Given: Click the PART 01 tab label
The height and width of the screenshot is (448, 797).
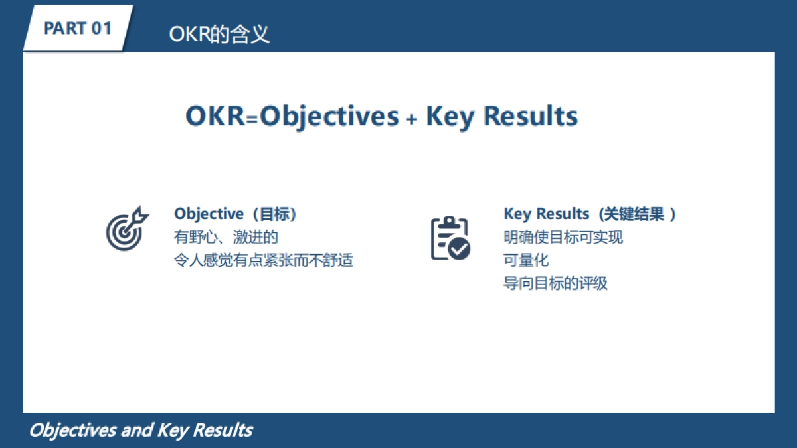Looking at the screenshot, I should point(77,29).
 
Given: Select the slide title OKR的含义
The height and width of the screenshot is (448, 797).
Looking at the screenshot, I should point(219,35).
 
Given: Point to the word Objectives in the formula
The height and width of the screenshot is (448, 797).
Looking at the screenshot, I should point(329,116).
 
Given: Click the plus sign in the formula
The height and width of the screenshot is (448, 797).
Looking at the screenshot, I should point(412,119).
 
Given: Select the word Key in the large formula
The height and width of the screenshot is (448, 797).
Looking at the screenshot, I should point(450,117).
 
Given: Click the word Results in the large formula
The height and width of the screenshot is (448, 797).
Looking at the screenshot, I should point(530,116).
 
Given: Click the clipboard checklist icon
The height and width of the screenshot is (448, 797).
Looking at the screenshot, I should point(450,238).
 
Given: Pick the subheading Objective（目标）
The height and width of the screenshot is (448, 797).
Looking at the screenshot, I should point(235,214).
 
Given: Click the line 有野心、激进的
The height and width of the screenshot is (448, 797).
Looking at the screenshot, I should point(226,237).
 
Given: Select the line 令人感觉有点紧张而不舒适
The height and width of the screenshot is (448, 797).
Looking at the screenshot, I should point(263,260).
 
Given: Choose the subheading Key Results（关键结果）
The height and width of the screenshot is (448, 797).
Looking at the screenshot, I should point(590,214).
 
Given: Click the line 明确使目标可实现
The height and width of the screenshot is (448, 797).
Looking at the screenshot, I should point(563,237).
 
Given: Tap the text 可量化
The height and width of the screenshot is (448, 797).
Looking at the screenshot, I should point(526,260).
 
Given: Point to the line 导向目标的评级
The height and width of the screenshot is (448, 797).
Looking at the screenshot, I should point(555,283).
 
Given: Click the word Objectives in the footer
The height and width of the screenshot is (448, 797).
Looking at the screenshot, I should point(72,430).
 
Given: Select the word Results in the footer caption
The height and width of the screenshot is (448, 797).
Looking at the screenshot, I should point(222,430).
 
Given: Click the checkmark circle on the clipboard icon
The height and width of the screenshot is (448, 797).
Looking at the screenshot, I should point(459,249).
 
